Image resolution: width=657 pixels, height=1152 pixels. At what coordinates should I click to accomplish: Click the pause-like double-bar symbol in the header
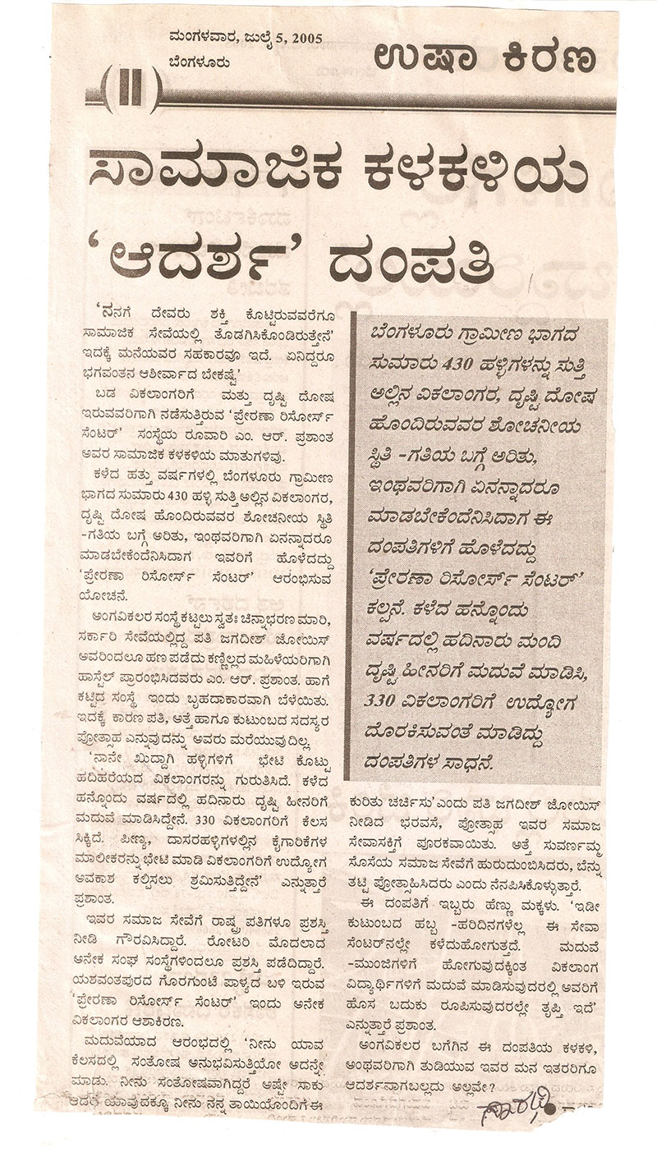click(131, 88)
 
